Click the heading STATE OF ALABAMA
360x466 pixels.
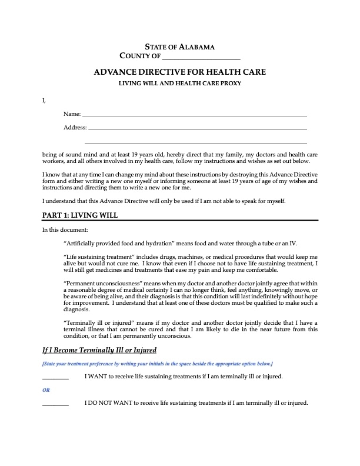(179, 46)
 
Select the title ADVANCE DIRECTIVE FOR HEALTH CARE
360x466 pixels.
(179, 72)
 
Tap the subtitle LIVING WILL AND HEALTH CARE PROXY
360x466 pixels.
(180, 84)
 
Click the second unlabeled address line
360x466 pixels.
(196, 143)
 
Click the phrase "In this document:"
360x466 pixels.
(65, 229)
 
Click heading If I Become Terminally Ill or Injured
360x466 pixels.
(99, 351)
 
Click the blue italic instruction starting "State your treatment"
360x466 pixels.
(157, 364)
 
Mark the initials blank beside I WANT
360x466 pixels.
(55, 377)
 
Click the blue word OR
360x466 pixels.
(46, 390)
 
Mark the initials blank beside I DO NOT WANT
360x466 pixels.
(55, 404)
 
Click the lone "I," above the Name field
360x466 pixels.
(44, 101)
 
